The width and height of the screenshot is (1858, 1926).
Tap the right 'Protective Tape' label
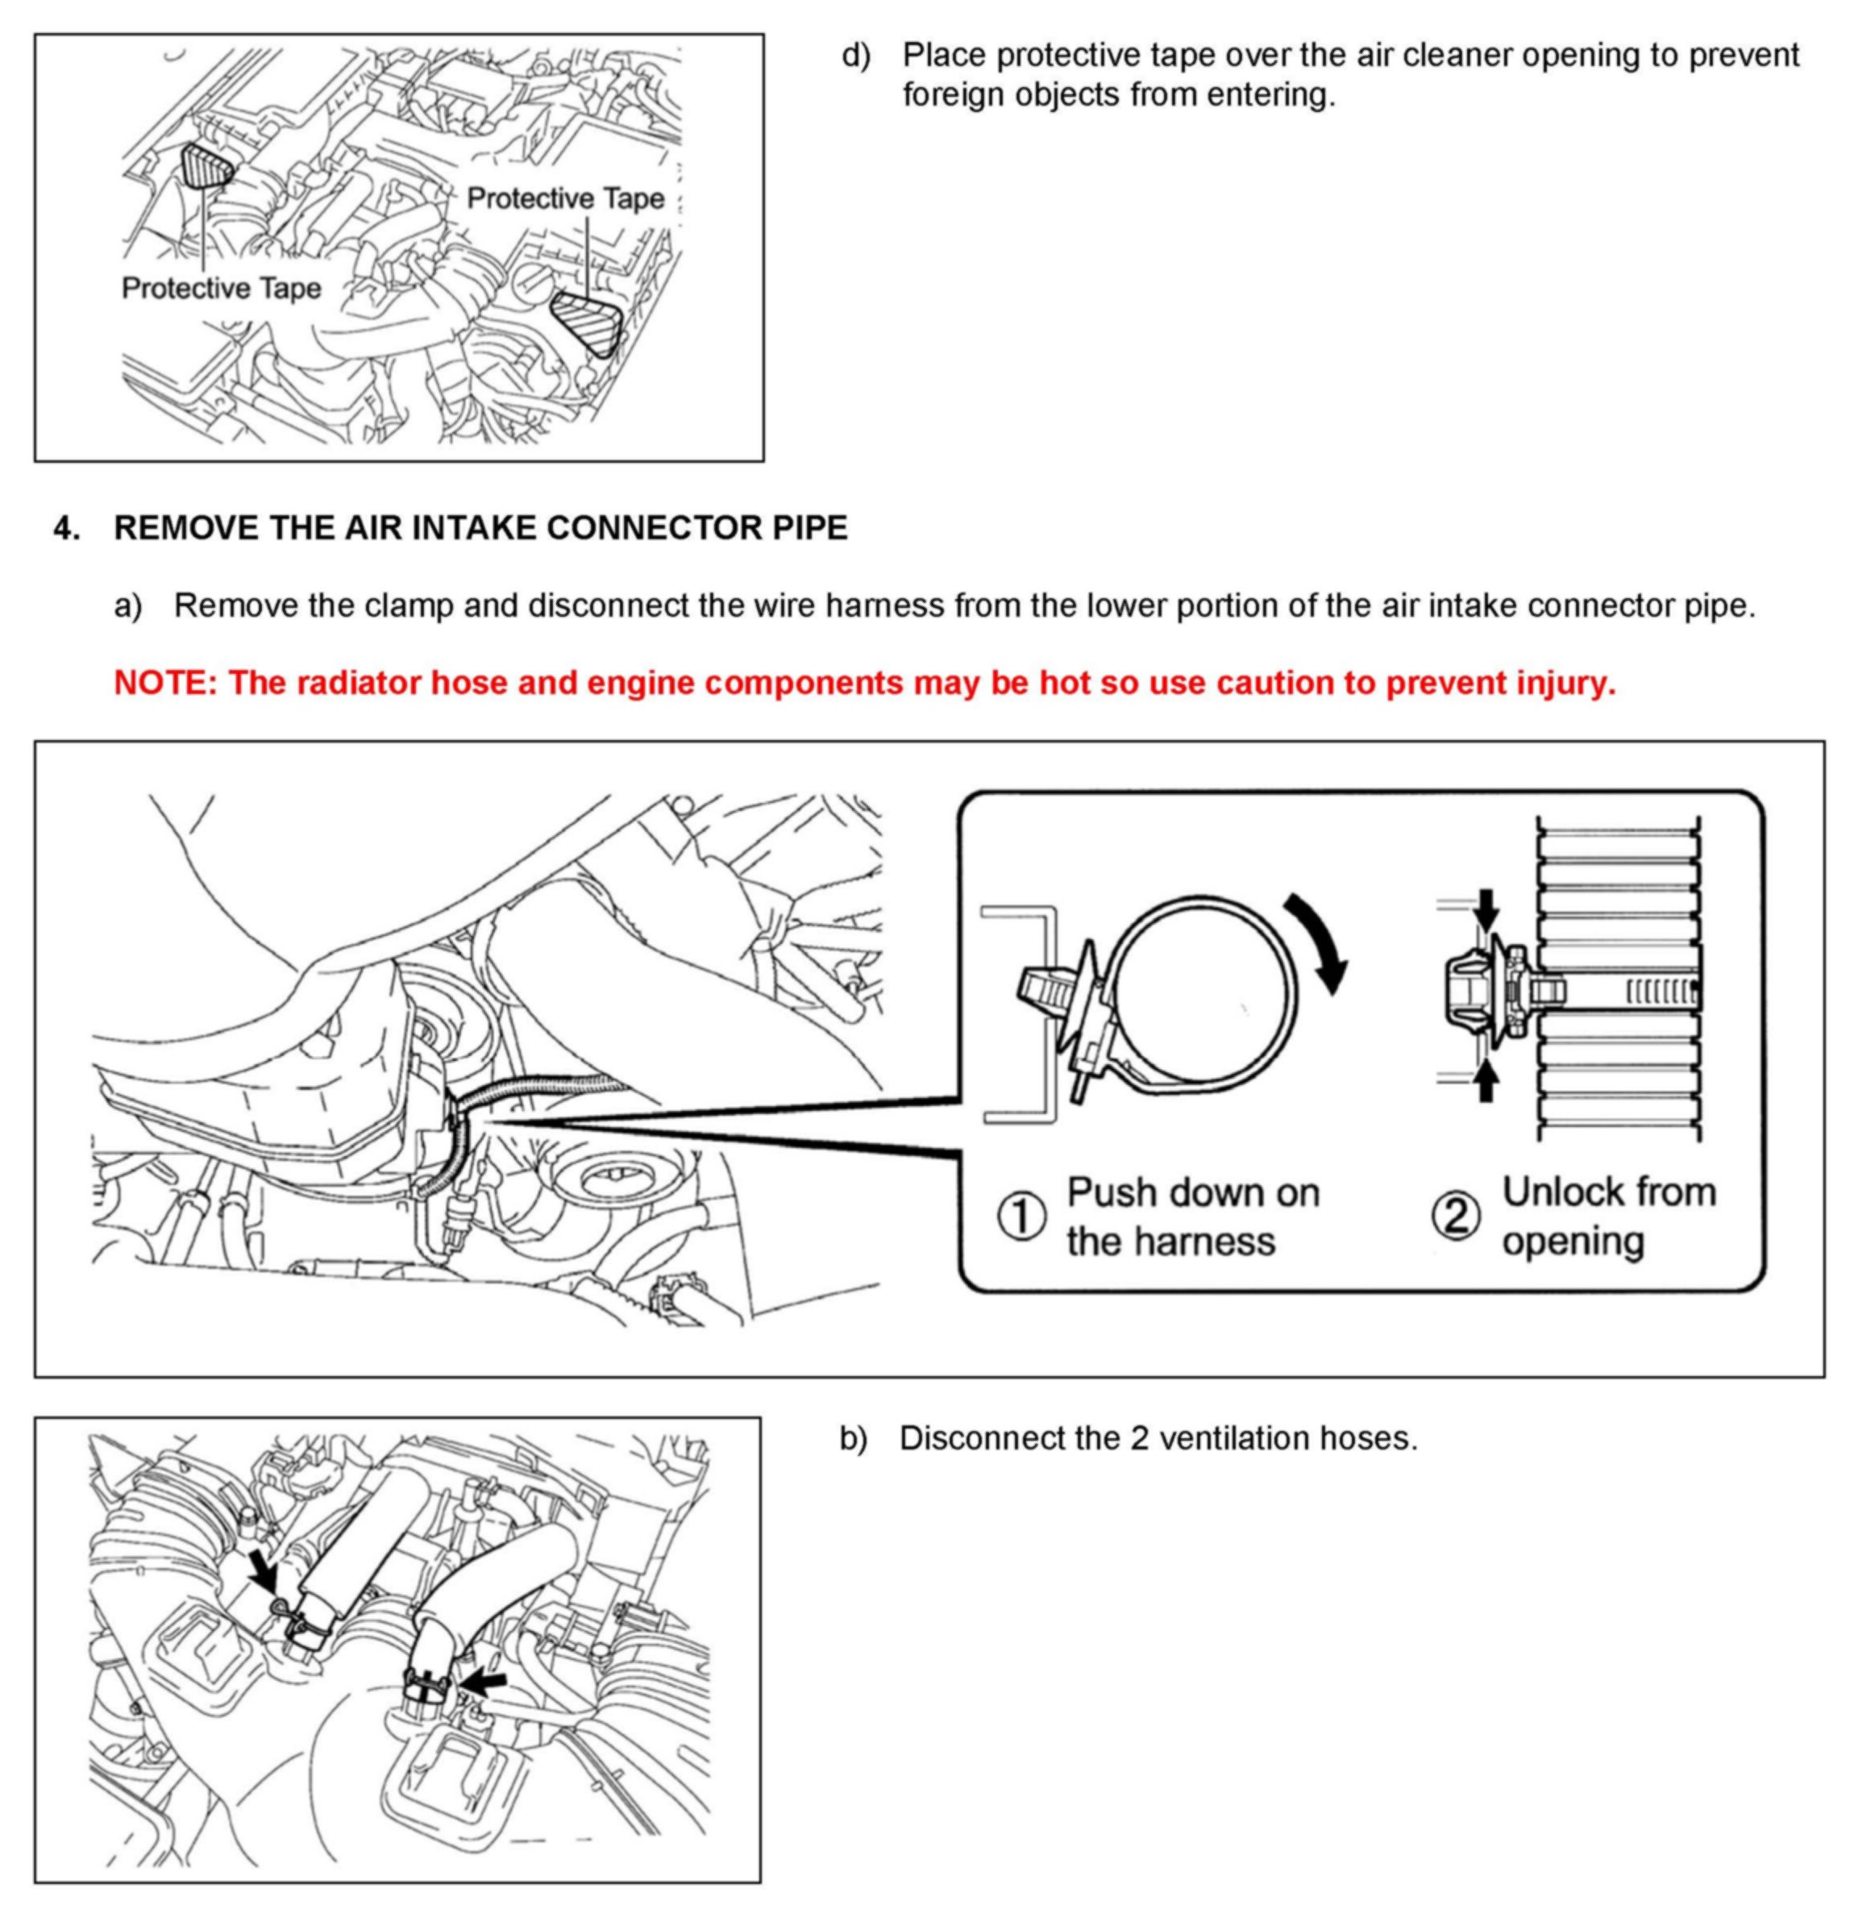pos(565,198)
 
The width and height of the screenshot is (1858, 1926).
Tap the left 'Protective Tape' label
pos(221,288)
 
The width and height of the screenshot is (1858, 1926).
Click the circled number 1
pos(1022,1217)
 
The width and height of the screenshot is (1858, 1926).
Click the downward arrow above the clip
pos(1486,909)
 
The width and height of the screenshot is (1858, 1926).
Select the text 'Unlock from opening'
pos(1607,1217)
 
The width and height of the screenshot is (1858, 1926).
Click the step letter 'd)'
pos(856,55)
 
